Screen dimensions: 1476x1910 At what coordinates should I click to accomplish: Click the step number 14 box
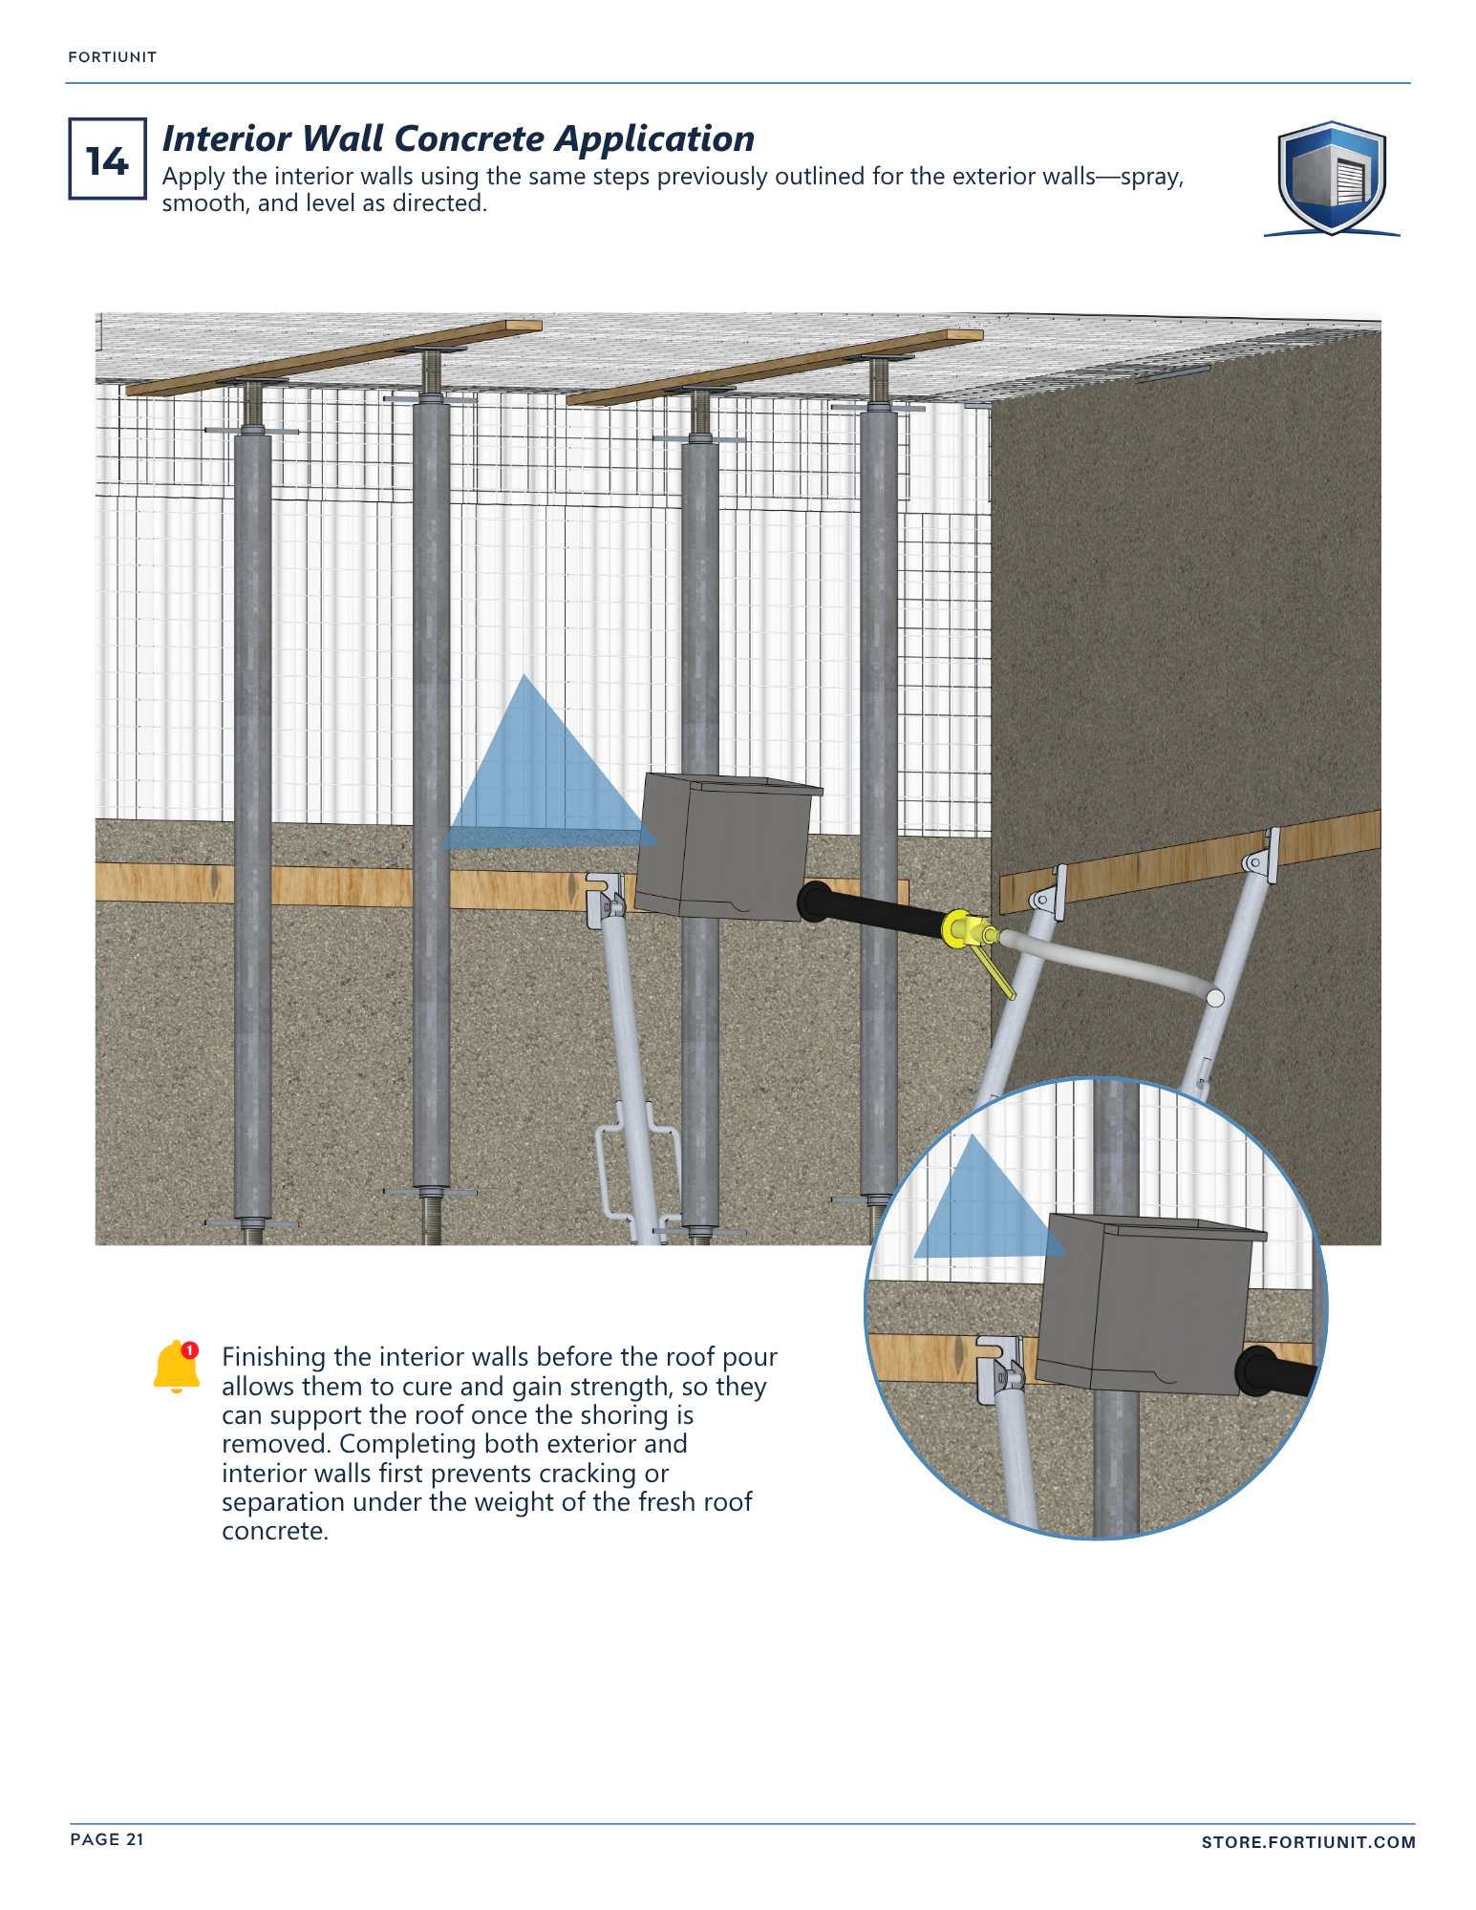click(x=107, y=159)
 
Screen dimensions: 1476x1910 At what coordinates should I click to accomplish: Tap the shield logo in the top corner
click(x=1332, y=179)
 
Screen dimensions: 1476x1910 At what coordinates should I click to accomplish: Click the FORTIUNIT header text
click(x=113, y=57)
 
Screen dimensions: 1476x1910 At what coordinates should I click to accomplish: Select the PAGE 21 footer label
click(x=107, y=1839)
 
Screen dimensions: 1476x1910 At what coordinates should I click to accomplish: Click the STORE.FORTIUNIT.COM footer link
click(x=1308, y=1842)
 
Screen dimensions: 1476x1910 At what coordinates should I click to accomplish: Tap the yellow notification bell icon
click(x=177, y=1367)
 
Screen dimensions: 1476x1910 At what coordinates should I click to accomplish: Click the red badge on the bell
click(x=190, y=1349)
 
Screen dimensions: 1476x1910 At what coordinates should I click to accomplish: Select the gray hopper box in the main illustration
click(x=726, y=847)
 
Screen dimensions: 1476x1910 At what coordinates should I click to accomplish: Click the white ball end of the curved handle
click(x=1215, y=998)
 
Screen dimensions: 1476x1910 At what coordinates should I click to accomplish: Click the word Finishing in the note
click(x=274, y=1358)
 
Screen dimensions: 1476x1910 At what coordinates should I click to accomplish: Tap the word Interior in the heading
click(x=226, y=138)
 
